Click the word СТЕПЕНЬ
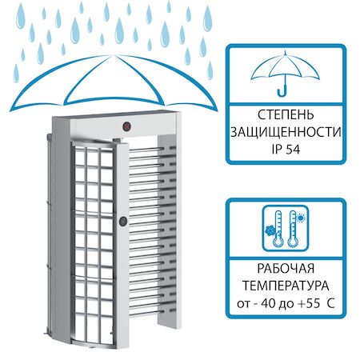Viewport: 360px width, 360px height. pos(286,115)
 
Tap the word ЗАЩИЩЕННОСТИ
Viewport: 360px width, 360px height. pos(286,132)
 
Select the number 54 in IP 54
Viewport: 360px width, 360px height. pos(293,150)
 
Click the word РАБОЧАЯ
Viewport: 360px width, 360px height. pos(286,268)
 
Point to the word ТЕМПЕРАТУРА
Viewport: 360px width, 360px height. pos(286,286)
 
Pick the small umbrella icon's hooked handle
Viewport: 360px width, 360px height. pos(282,89)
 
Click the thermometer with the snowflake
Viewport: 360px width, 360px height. pos(278,228)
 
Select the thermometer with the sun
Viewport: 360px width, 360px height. pos(292,228)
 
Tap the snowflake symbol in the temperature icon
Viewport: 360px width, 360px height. pos(270,231)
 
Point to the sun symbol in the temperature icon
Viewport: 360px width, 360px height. pos(301,218)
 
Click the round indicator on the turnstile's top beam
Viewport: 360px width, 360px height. pos(126,126)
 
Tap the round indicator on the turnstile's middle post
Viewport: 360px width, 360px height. pos(123,221)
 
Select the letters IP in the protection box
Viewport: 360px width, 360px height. pos(276,150)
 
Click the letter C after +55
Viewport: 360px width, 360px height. pos(331,303)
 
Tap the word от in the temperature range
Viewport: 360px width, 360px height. pos(243,304)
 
